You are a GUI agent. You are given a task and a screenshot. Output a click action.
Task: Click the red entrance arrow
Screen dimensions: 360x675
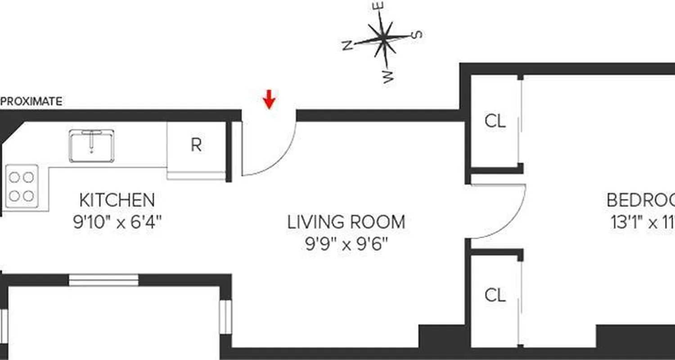pyautogui.click(x=269, y=99)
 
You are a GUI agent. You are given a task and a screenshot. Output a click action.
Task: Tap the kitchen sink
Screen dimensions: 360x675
pyautogui.click(x=91, y=146)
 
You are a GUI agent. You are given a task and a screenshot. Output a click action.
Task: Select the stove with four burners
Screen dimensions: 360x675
pyautogui.click(x=22, y=186)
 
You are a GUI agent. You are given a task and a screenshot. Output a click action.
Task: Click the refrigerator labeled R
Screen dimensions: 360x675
pyautogui.click(x=196, y=145)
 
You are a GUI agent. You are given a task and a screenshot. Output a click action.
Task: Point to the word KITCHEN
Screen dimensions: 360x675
pyautogui.click(x=117, y=199)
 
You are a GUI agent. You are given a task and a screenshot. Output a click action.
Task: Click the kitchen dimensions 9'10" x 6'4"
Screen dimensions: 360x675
pyautogui.click(x=117, y=222)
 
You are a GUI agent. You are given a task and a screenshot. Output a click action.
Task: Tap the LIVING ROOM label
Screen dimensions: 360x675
pyautogui.click(x=346, y=222)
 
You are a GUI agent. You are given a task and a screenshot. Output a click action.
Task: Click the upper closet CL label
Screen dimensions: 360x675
pyautogui.click(x=495, y=121)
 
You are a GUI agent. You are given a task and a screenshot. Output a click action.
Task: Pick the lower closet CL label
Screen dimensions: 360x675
pyautogui.click(x=495, y=296)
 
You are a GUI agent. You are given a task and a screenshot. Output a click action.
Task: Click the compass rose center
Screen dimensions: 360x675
pyautogui.click(x=383, y=40)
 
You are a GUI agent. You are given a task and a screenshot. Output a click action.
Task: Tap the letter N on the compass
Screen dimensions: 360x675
pyautogui.click(x=347, y=45)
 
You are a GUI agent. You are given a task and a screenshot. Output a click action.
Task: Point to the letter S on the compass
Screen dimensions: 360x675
pyautogui.click(x=418, y=35)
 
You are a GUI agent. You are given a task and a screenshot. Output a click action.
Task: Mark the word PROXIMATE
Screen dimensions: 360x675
pyautogui.click(x=31, y=102)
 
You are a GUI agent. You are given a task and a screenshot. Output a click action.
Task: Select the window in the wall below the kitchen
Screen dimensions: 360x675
pyautogui.click(x=103, y=280)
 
